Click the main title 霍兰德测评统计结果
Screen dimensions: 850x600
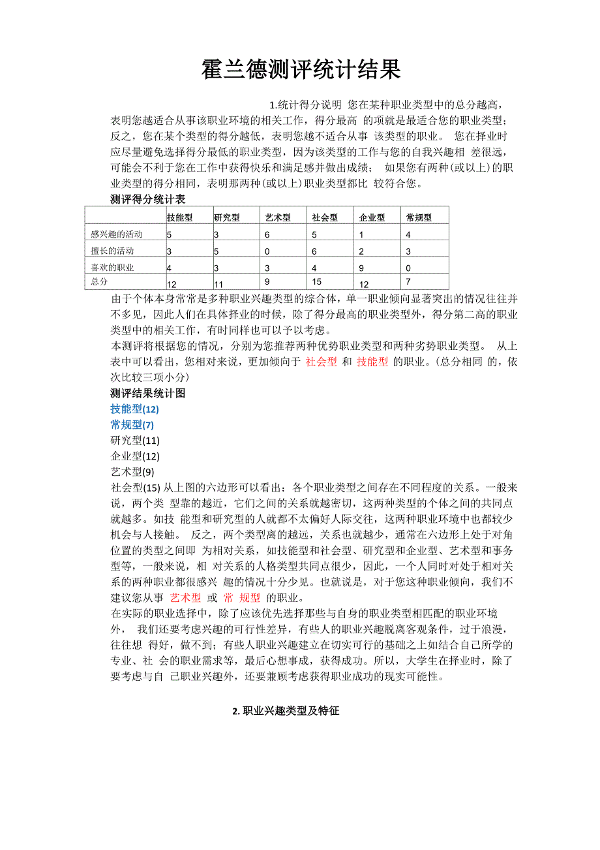(x=300, y=69)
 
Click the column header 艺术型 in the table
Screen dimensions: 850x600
(x=278, y=218)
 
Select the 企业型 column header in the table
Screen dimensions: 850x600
(x=372, y=218)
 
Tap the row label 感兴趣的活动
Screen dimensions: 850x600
(x=117, y=234)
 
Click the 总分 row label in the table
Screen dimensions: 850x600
(x=100, y=282)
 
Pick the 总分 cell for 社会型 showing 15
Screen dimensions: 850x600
(x=318, y=282)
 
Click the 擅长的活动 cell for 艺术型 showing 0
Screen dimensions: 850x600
(x=267, y=251)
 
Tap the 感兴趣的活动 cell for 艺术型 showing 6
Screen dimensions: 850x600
(x=267, y=234)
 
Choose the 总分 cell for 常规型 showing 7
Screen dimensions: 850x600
(x=408, y=281)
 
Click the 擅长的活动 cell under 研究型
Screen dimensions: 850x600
(x=217, y=251)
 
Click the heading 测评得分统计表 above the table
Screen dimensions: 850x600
(x=148, y=199)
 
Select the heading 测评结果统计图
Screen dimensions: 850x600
(x=148, y=393)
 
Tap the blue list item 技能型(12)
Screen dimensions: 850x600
(x=135, y=409)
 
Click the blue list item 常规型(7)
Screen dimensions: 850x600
(x=132, y=425)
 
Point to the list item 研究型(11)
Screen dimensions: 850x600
(x=135, y=441)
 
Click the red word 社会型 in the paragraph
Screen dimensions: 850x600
(x=322, y=362)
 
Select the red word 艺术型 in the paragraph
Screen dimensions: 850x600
(x=185, y=597)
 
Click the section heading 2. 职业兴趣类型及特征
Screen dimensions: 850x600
(x=286, y=711)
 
